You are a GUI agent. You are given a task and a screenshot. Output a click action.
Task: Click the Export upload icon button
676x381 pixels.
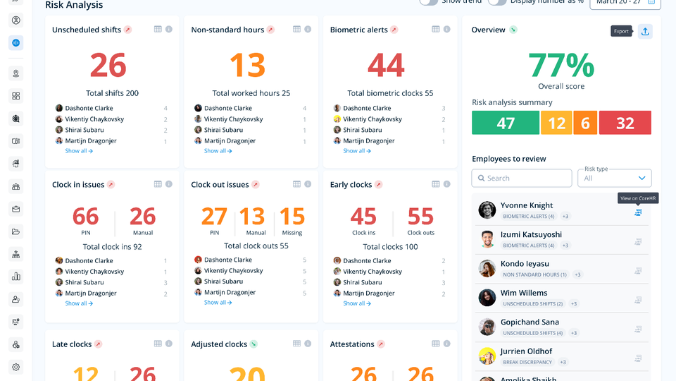(645, 31)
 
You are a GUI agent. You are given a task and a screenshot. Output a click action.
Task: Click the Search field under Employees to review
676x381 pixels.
(522, 178)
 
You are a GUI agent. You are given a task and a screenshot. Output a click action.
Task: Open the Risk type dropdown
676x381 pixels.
(614, 178)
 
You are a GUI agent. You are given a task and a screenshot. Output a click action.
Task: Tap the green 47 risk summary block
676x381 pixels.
(506, 123)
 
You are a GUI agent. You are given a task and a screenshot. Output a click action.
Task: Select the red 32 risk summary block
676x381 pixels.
(625, 123)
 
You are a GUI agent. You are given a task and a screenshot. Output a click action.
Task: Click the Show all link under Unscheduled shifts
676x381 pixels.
(79, 151)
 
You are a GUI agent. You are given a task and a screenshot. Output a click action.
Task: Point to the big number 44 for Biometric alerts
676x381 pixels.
(386, 66)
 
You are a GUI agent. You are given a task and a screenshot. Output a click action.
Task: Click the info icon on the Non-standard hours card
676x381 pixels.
(308, 29)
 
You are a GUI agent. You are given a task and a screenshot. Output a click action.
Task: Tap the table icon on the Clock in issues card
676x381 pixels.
(158, 184)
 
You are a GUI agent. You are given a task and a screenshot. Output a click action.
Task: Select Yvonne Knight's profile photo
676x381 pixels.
(487, 210)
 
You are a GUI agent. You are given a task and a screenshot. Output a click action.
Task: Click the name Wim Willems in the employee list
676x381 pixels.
(524, 293)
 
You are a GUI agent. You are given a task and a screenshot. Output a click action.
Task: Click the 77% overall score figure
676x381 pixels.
(561, 65)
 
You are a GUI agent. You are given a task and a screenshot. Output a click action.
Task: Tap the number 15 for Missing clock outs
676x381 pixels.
(292, 216)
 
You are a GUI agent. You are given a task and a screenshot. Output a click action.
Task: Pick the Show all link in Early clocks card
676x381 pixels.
(357, 303)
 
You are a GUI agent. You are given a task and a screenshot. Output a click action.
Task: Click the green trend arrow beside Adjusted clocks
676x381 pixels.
(254, 344)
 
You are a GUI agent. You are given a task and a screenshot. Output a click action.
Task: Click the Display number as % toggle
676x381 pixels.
(497, 2)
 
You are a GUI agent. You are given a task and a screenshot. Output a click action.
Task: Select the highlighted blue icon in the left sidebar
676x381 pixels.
(15, 42)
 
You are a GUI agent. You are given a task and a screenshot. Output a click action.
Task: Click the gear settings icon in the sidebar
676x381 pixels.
(15, 367)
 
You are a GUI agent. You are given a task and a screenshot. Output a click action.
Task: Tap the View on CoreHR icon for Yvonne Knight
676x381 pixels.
(638, 212)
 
